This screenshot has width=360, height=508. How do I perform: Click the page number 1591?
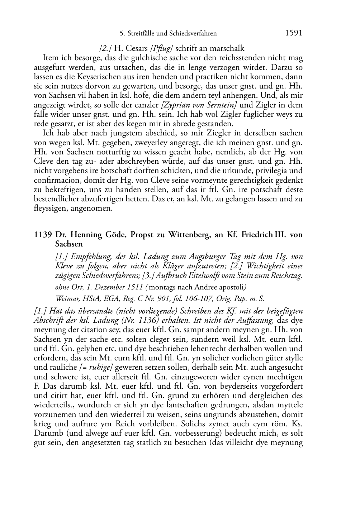tap(294, 33)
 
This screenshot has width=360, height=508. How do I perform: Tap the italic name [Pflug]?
tap(162, 48)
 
